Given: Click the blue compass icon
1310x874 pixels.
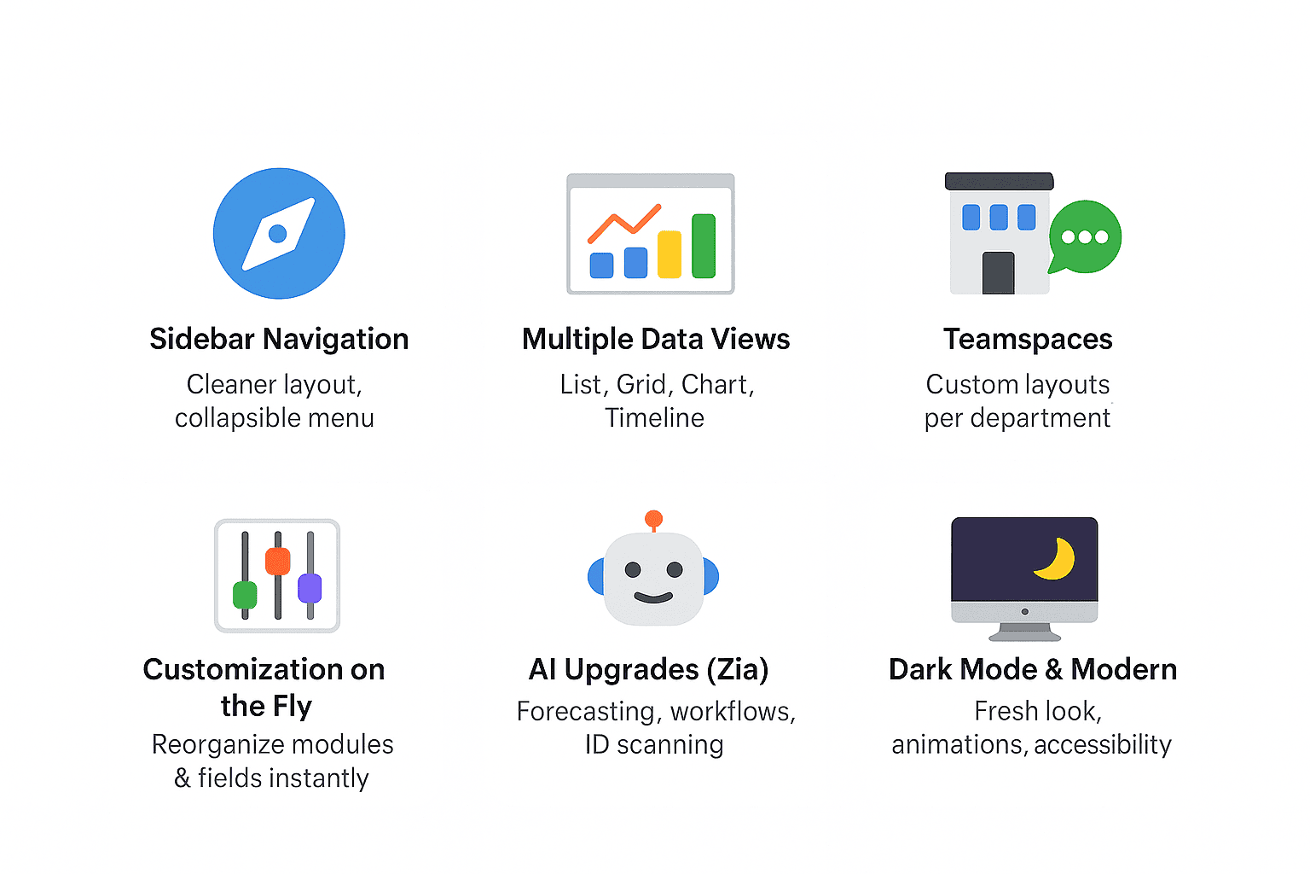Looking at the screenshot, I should tap(279, 233).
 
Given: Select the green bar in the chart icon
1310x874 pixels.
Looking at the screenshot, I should tap(704, 246).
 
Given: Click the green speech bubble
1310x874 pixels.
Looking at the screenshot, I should tap(1085, 236).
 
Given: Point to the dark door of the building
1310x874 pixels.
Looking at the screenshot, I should tap(999, 273).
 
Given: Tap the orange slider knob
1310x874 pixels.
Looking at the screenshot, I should tap(278, 561).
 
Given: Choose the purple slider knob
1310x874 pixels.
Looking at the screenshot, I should tap(310, 588).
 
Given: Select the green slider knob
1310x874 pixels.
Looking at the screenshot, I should tap(245, 595).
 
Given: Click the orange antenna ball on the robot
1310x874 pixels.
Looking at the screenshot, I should tap(654, 518).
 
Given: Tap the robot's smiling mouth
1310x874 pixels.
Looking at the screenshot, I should tap(653, 597).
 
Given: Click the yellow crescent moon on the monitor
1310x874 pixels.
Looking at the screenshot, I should tap(1057, 560).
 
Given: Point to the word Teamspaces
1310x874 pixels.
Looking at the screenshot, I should tap(1028, 339).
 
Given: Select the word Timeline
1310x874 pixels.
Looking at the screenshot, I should tap(654, 418).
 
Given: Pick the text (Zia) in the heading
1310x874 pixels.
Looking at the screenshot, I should tap(738, 669).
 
